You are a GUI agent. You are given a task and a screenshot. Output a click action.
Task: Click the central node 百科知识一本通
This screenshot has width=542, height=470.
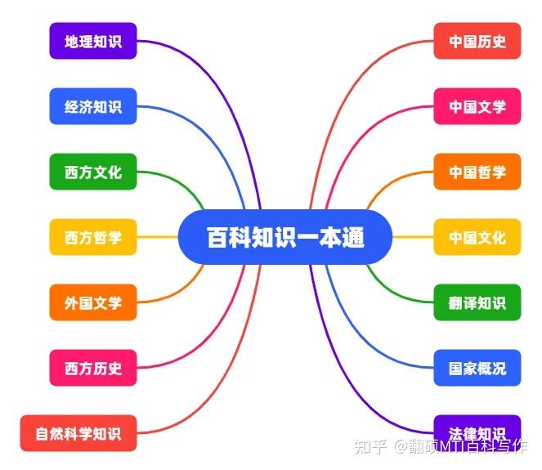tap(284, 237)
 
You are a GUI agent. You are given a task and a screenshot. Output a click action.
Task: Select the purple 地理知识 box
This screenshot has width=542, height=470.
tap(92, 41)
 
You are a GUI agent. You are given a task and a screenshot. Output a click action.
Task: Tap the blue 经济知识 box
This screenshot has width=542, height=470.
tap(92, 106)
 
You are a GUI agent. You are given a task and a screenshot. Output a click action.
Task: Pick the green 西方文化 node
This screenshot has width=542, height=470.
tap(92, 172)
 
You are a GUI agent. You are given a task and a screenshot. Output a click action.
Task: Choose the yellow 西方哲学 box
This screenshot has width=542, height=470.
tap(92, 237)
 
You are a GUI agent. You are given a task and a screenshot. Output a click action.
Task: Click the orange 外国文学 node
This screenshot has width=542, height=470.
tap(92, 302)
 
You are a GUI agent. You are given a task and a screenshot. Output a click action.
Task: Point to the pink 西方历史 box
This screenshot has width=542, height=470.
tap(92, 368)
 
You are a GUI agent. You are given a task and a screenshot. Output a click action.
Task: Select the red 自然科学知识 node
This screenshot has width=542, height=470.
tap(78, 433)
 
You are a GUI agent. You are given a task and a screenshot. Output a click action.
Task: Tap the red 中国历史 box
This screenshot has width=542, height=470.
tap(477, 41)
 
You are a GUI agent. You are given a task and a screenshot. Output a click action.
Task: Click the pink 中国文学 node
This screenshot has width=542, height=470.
tap(477, 106)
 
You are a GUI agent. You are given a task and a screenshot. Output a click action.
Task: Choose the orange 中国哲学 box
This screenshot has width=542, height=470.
tap(477, 172)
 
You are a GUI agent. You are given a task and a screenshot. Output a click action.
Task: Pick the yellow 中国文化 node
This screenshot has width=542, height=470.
tap(477, 237)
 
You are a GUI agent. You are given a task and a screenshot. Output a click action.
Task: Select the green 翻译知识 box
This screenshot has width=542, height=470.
tap(477, 302)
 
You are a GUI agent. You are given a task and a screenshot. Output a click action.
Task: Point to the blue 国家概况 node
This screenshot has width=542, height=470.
tap(477, 368)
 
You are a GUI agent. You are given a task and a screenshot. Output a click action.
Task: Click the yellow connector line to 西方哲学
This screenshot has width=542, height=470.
tap(157, 237)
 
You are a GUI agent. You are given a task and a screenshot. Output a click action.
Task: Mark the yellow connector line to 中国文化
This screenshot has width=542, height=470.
tap(413, 237)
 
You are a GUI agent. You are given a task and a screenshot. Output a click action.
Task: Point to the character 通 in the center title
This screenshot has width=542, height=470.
tap(353, 238)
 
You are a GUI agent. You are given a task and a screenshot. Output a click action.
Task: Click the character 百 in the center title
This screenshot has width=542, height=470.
tap(217, 238)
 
